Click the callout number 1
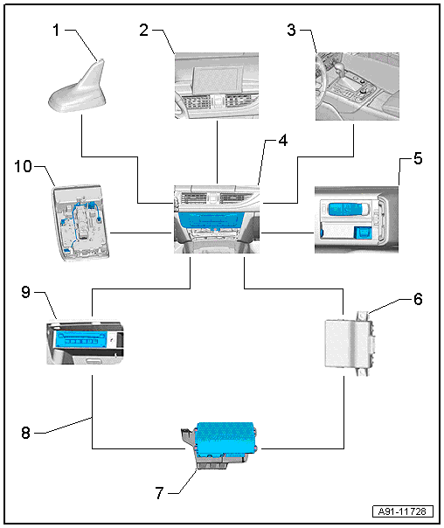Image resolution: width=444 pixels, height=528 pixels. click(x=56, y=30)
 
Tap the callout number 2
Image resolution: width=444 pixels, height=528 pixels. click(x=143, y=30)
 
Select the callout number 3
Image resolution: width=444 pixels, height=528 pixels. click(x=292, y=30)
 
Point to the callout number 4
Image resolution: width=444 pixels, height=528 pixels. click(x=283, y=141)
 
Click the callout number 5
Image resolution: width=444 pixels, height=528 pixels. click(x=418, y=158)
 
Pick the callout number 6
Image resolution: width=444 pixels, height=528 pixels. click(x=418, y=299)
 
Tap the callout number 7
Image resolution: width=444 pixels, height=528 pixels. click(x=159, y=493)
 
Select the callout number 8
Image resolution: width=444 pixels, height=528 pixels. click(x=25, y=433)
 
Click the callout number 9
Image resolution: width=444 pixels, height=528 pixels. click(x=25, y=292)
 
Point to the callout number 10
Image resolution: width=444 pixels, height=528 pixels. click(x=23, y=166)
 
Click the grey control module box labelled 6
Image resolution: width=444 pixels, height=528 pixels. click(x=350, y=344)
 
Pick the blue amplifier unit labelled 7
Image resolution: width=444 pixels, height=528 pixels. click(x=225, y=437)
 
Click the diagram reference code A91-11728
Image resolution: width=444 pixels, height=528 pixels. click(x=403, y=511)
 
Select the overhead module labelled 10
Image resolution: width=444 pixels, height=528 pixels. click(x=80, y=223)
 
